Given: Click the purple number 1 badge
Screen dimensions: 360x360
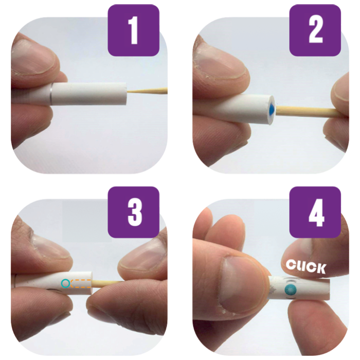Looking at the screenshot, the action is (134, 30).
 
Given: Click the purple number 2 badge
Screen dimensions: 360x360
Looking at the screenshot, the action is (315, 30).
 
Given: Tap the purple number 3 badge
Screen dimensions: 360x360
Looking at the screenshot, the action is (134, 212).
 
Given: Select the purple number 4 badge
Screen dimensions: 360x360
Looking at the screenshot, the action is (315, 212).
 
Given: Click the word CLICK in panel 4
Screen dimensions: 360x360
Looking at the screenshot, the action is (306, 266).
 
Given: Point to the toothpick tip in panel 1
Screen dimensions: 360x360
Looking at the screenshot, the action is (128, 92).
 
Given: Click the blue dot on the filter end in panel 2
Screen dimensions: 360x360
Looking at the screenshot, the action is (272, 109).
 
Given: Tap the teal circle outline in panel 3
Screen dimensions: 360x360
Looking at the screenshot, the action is (65, 283).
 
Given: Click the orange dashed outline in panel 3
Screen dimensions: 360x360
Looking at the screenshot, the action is (81, 283).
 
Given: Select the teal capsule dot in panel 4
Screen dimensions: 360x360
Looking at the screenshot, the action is (290, 290).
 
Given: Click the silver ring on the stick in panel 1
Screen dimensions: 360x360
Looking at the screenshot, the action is (51, 95).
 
